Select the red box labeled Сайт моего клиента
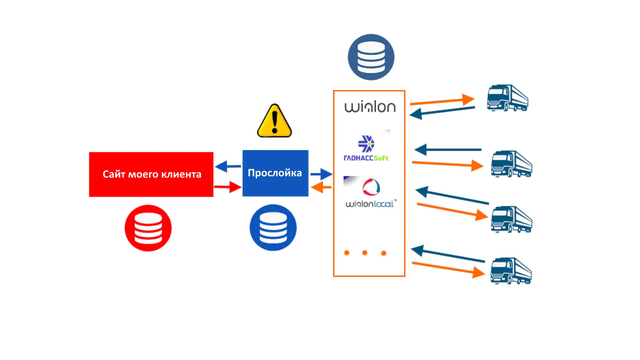click(x=151, y=174)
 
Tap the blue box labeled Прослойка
click(x=275, y=173)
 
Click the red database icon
click(x=148, y=228)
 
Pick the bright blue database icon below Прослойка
click(x=273, y=228)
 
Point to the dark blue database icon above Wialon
click(x=371, y=57)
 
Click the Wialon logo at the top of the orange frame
click(x=370, y=107)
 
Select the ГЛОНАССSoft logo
click(x=366, y=149)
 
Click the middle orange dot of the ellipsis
click(x=365, y=253)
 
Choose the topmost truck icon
click(x=507, y=98)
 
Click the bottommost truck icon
click(x=511, y=271)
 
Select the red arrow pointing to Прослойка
click(x=228, y=187)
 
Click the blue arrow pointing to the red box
click(x=228, y=166)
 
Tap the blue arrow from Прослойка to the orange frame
click(x=321, y=174)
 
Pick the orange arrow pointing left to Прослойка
click(x=321, y=187)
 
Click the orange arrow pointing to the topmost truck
click(x=442, y=101)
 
